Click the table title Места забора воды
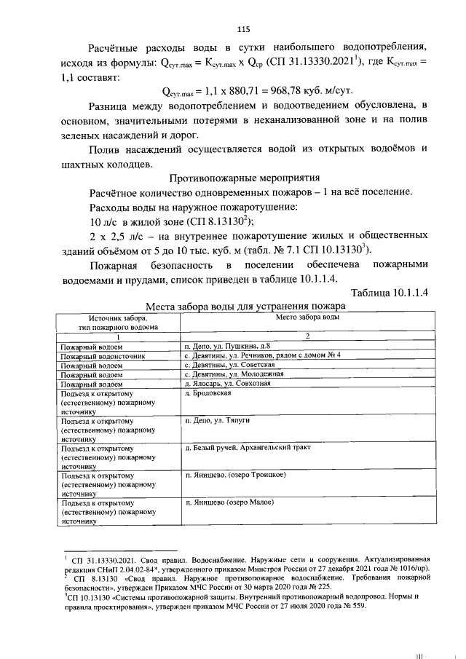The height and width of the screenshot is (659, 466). coord(244,307)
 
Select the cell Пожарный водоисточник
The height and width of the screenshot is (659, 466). coord(103,356)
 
